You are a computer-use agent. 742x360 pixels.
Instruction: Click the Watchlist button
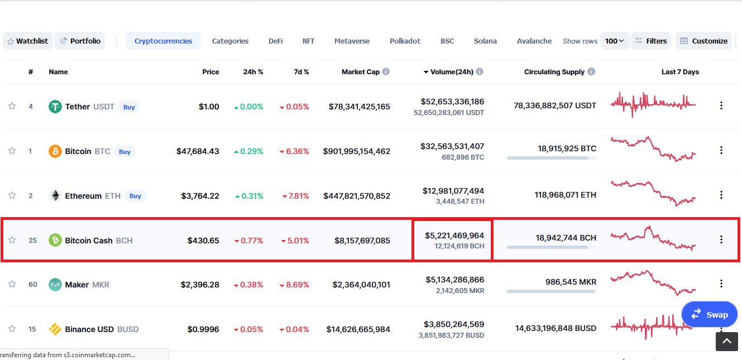(27, 41)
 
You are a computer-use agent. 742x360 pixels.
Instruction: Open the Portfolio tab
(80, 41)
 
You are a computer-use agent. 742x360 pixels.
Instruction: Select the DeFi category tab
(276, 41)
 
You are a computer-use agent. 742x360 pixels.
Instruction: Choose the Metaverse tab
(352, 41)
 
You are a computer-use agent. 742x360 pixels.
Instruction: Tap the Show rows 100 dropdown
(615, 41)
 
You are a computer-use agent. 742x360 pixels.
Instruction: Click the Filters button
(651, 41)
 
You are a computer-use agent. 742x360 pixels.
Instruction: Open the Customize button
(703, 41)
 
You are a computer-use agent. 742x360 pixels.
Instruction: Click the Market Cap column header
(361, 72)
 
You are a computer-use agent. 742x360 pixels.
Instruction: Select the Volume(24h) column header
(452, 72)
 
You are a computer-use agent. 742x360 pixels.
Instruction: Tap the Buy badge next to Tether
(129, 107)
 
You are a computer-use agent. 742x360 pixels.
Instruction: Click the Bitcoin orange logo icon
(55, 151)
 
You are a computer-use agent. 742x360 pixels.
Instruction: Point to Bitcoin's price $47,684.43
(198, 151)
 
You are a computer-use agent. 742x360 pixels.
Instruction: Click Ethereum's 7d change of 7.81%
(295, 196)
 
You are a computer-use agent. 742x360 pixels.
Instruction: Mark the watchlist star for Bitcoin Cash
(12, 240)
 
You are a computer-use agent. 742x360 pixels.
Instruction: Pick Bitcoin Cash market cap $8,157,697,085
(362, 241)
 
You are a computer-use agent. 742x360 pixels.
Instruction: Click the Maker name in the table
(77, 285)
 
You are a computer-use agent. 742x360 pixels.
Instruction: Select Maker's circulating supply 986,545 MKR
(571, 282)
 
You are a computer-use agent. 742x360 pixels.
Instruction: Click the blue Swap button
(710, 314)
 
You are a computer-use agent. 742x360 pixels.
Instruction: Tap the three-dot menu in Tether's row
(721, 105)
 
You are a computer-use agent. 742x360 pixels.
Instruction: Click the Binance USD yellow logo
(55, 329)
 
